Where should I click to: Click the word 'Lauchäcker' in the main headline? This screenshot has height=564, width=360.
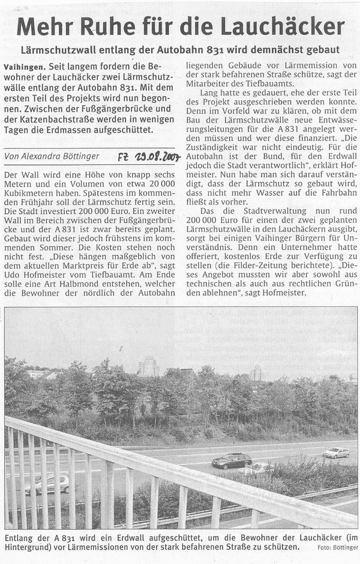point(290,26)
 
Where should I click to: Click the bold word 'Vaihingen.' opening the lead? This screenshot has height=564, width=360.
point(25,65)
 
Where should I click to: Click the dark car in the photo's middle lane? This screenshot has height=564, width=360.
point(232,460)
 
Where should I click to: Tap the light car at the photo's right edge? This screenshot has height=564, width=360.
point(336,452)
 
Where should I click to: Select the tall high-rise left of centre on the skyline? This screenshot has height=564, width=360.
point(148,366)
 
